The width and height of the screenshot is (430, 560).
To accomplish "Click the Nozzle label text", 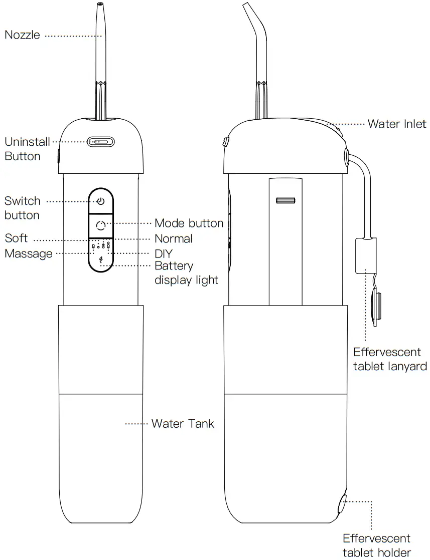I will point(23,35).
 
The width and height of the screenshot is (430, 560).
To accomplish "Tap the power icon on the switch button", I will point(101,201).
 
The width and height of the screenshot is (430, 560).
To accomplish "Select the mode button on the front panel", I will point(101,225).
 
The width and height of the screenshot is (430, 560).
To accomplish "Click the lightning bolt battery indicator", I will point(101,259).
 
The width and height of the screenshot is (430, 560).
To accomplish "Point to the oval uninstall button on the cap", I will point(101,142).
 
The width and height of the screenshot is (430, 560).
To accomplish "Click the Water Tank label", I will point(183,424).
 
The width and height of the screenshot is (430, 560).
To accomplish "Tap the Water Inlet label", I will point(397,123).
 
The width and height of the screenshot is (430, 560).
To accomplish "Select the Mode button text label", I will point(189,223).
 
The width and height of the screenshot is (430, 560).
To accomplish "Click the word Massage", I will point(29,253).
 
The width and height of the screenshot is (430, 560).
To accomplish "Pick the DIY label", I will point(163,253).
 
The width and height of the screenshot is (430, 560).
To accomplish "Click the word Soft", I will point(17,238).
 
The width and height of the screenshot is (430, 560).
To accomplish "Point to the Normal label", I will point(174,238).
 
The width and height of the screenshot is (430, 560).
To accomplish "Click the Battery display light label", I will point(186,273).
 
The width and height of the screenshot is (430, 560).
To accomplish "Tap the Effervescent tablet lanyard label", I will point(390,359).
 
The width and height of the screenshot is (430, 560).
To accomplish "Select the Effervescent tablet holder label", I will point(376,545).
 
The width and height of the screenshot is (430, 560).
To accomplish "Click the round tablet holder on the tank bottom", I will point(343,504).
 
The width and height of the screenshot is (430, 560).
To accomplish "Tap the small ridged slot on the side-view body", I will point(284,201).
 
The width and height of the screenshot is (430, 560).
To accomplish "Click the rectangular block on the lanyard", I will point(365,255).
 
